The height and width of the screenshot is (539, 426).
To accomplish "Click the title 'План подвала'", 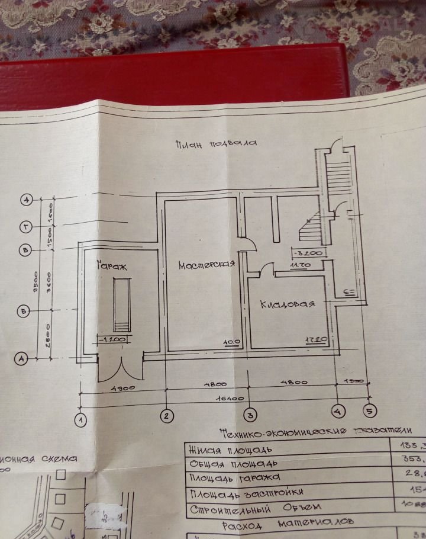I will coord(217,144).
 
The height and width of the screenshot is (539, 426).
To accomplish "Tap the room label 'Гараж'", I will coord(112,267).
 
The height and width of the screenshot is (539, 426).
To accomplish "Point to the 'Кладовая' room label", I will coord(287,304).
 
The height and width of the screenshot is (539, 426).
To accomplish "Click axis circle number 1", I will coord(80,420).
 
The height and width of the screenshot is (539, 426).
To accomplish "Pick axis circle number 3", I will coord(250,414).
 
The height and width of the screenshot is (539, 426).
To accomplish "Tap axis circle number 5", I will coord(370,409).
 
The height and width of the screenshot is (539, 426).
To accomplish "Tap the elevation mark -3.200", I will coord(306,254).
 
